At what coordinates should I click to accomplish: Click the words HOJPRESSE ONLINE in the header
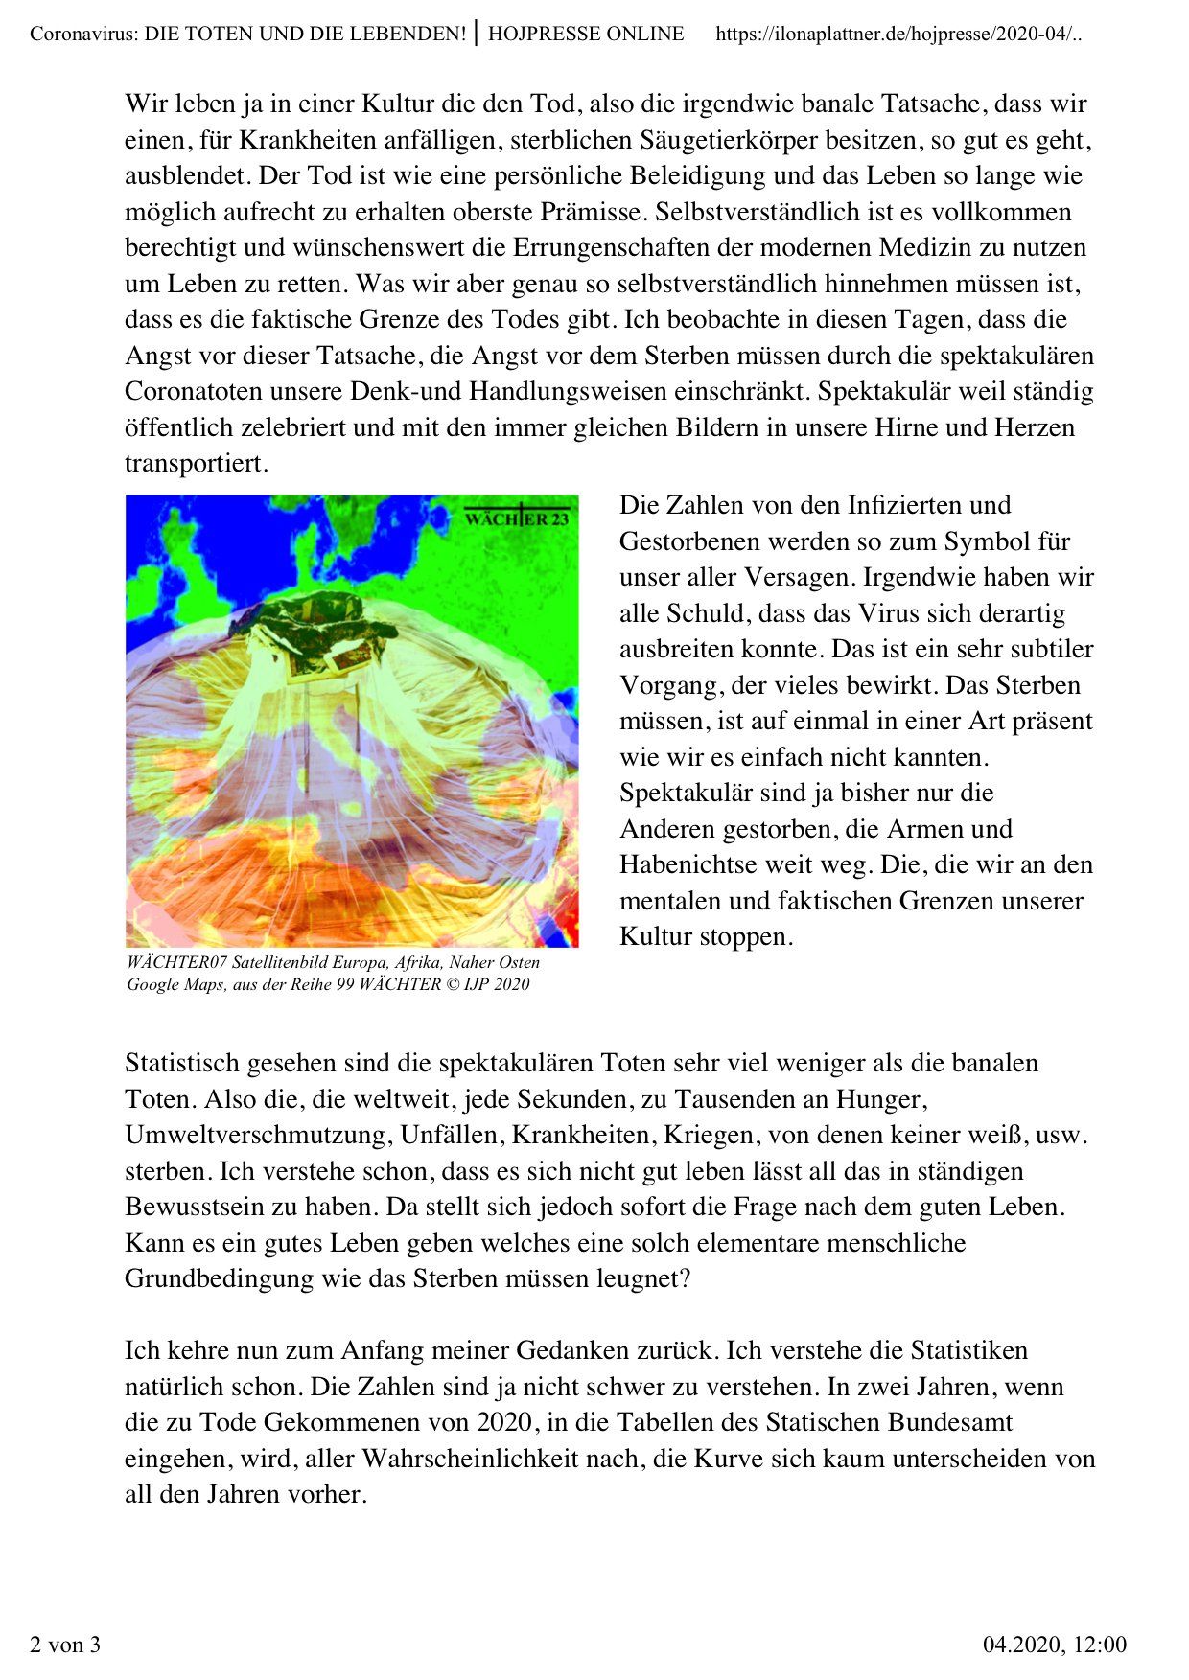[586, 35]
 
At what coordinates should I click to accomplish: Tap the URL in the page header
[900, 35]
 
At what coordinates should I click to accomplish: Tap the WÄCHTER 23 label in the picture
[517, 518]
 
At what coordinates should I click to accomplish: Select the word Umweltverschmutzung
[254, 1135]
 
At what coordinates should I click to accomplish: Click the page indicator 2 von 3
[65, 1645]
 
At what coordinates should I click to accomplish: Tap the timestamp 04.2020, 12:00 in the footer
[1055, 1645]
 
